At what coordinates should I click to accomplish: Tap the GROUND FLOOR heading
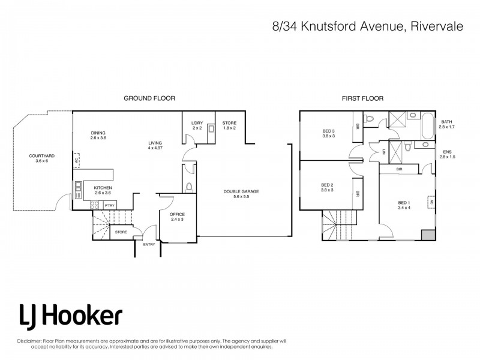[x=149, y=98]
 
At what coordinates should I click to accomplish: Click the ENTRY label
[x=148, y=244]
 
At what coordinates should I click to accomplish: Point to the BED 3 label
[x=329, y=133]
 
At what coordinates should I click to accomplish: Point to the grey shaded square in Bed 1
[x=427, y=235]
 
